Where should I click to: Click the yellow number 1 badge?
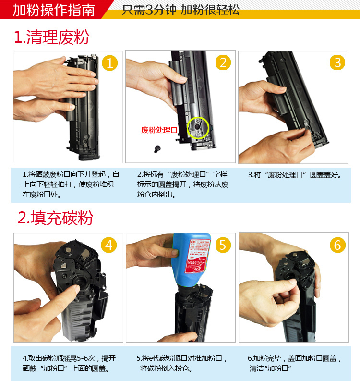tap(110, 63)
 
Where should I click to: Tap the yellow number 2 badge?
tap(223, 62)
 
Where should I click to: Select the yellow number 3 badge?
tap(337, 62)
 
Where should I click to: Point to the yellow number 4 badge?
tap(109, 245)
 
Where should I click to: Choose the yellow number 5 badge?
tap(223, 245)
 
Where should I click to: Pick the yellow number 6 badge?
tap(337, 245)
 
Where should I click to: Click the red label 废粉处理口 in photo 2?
tap(159, 130)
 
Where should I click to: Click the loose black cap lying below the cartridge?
tap(157, 149)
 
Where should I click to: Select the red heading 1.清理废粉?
tap(51, 37)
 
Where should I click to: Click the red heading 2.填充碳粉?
tap(55, 218)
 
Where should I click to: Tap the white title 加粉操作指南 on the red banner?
tap(54, 10)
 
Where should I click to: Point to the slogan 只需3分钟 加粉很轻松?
tap(180, 10)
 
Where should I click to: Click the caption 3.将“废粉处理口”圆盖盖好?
tap(295, 175)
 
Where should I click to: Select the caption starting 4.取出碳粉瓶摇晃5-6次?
tap(69, 364)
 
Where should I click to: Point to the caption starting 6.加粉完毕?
tap(294, 364)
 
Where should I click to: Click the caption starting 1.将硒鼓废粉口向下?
tap(71, 184)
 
